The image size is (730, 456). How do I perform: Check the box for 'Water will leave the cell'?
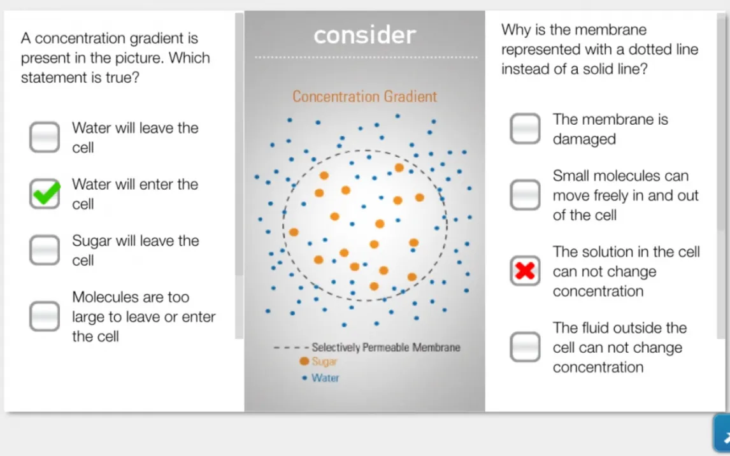coord(45,137)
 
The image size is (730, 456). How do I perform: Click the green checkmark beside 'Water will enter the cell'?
coord(47,192)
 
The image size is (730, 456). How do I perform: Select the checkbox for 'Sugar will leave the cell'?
coord(45,250)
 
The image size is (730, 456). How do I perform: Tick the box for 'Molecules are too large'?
coord(45,316)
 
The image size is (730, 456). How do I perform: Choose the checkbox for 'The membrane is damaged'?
coord(525,129)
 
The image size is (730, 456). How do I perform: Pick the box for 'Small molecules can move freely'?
coord(525,194)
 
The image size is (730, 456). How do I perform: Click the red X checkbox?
coord(525,270)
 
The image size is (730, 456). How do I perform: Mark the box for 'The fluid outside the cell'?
coord(525,346)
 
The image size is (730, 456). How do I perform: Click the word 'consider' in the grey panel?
coord(364,36)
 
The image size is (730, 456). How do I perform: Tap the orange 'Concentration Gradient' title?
coord(364,96)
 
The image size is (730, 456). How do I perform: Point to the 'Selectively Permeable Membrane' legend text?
coord(386,347)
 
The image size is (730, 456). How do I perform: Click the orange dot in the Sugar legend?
coord(304,361)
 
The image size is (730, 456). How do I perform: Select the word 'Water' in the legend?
coord(325,378)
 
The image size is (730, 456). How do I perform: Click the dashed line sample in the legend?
coord(291,348)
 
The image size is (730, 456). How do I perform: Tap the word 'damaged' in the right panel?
coord(584,139)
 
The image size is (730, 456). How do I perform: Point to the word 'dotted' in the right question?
coord(652,49)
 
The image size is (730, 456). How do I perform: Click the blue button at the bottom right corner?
coord(722,434)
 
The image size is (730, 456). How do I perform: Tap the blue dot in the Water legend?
coord(304,378)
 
